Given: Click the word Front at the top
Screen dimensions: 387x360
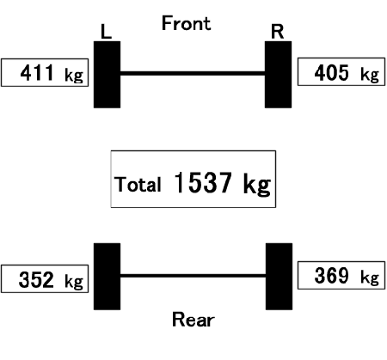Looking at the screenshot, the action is point(187,23).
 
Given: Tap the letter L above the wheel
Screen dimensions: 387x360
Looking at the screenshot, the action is point(106,32).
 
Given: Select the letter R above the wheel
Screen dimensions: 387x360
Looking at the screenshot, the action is point(278,32).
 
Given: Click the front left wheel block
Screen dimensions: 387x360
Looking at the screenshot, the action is point(107,75).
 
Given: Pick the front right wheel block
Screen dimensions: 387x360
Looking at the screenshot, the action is point(278,75).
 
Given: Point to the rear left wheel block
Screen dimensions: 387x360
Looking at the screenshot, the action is point(107,277).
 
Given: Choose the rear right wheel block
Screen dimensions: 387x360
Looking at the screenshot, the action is point(279,277).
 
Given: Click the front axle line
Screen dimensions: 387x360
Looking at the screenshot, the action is point(193,73).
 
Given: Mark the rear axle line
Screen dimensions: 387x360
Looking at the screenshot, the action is point(193,276).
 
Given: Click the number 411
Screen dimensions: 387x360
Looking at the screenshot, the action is point(37,73).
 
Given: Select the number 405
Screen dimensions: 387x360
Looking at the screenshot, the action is point(332,73).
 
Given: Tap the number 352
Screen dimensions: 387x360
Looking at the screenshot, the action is point(36,279).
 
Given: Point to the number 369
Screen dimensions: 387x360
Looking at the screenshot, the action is point(332,276).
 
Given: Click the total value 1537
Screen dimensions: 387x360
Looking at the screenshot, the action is point(203,183).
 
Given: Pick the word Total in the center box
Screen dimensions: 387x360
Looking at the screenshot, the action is point(138,184).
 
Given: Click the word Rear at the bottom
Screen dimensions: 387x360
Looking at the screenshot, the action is point(193,320).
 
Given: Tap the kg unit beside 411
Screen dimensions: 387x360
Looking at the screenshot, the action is point(74,76).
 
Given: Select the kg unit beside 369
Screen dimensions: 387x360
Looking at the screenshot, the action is point(370,278).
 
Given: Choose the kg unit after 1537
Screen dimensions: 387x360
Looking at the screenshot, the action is point(257,185).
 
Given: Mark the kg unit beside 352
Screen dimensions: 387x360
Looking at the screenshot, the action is point(74,282).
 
